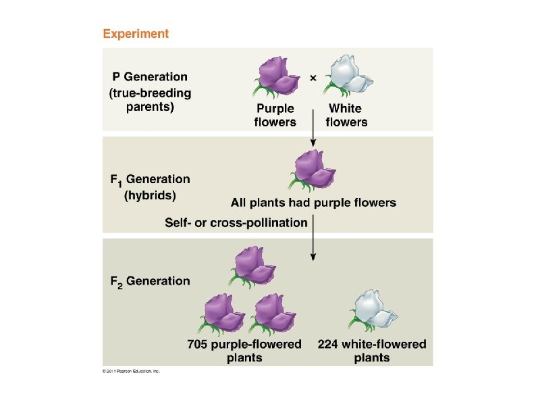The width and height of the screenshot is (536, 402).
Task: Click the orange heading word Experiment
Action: click(x=136, y=33)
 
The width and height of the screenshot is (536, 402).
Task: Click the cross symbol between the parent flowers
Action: click(x=313, y=78)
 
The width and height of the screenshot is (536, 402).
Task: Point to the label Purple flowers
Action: click(x=275, y=115)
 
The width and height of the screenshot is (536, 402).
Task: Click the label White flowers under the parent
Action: click(x=346, y=115)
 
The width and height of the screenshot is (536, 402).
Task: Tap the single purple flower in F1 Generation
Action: click(x=313, y=170)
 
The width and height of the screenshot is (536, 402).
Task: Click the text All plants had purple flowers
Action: click(x=313, y=202)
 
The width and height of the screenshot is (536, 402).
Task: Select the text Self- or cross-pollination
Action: click(x=236, y=222)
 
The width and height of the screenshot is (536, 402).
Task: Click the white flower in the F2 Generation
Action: click(x=372, y=311)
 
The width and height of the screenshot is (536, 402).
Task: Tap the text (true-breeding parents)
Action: click(x=150, y=100)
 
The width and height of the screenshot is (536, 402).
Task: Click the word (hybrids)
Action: click(x=149, y=195)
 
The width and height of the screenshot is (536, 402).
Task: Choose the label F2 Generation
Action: click(x=150, y=281)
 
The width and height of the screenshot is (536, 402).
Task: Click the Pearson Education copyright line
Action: click(x=131, y=370)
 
